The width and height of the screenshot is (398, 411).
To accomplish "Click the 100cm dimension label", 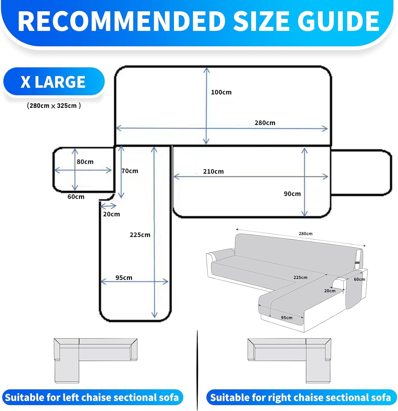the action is click(x=221, y=92).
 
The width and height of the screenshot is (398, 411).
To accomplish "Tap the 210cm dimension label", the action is click(x=213, y=172).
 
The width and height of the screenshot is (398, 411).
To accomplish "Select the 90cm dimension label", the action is click(x=292, y=194).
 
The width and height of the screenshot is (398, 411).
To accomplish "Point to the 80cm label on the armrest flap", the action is click(x=85, y=162).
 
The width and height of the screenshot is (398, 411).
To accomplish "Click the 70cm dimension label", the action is click(x=130, y=171).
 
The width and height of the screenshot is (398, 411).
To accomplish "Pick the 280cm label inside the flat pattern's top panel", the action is click(x=265, y=123).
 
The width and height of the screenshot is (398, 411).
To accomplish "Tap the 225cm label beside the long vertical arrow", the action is click(x=140, y=235).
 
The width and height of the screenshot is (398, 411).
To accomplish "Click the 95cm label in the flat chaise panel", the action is click(x=124, y=278).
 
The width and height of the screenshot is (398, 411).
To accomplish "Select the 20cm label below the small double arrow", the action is click(x=111, y=214).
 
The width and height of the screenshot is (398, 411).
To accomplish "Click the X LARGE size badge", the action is click(x=54, y=82).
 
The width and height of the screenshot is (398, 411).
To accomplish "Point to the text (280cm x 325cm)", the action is click(x=54, y=106).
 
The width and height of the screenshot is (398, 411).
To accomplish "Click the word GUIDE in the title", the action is click(x=338, y=21).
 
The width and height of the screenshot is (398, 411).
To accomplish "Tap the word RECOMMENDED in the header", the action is click(x=122, y=21).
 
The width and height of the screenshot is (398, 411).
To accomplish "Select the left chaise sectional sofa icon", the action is click(x=96, y=361).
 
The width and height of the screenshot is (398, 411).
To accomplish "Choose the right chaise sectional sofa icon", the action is click(x=289, y=361).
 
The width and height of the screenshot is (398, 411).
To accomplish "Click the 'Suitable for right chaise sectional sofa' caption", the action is click(x=301, y=397).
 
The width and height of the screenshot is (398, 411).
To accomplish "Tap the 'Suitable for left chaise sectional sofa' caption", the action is click(x=92, y=397).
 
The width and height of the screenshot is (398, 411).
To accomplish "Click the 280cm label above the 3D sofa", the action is click(x=305, y=234).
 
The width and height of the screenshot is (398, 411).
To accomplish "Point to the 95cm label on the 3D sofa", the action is click(x=287, y=318).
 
